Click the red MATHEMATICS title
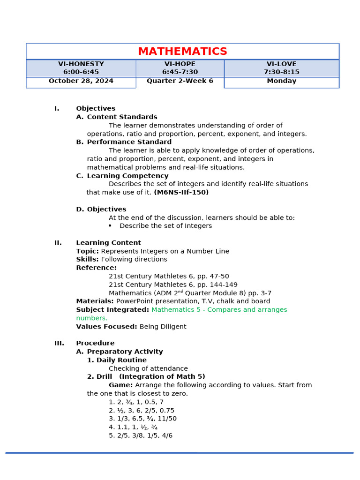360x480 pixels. [182, 52]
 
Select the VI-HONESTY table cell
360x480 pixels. [81, 68]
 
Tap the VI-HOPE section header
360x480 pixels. [180, 68]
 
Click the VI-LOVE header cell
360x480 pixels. [281, 68]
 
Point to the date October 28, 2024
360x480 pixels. [81, 81]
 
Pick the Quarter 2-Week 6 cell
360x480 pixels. [180, 81]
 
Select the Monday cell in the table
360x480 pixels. [281, 81]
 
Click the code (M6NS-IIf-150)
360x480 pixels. [181, 193]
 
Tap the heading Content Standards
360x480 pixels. [122, 117]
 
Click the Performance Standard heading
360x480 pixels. [129, 142]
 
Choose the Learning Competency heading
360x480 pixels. [127, 176]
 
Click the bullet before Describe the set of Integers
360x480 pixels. [110, 226]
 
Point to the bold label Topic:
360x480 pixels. [88, 251]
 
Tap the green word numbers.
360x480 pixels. [92, 318]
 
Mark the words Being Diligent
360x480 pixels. [163, 327]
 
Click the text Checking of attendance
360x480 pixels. [148, 369]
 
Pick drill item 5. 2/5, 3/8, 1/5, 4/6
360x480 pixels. [141, 435]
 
